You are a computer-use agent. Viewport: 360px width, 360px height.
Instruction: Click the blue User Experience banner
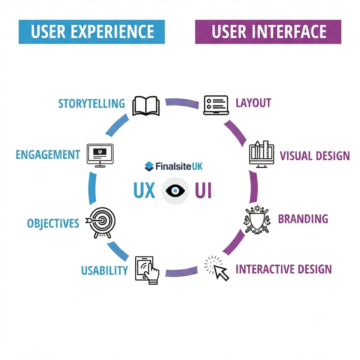(91, 31)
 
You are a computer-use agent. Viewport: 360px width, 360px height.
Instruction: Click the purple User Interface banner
(268, 31)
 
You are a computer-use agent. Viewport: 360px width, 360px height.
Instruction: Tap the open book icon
(146, 106)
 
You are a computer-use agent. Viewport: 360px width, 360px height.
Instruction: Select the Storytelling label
(91, 103)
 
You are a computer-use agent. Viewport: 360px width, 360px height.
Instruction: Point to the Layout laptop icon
(216, 105)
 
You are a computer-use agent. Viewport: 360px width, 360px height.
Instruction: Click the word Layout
(253, 103)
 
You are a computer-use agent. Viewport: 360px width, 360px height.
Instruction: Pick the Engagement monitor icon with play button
(100, 155)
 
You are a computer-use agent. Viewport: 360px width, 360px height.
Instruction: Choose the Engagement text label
(48, 154)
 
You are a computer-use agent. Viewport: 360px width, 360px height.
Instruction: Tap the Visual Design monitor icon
(262, 154)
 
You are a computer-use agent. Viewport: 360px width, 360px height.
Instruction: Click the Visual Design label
(315, 156)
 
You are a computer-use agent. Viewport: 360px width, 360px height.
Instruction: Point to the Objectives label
(53, 223)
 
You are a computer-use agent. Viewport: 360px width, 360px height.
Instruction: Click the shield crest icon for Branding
(257, 219)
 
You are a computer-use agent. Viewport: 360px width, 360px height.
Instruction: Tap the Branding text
(303, 219)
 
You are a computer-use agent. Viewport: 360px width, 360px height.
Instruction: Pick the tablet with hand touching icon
(147, 270)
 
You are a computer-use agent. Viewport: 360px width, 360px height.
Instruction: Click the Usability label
(105, 270)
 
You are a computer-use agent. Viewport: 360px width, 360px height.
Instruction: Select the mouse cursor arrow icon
(217, 268)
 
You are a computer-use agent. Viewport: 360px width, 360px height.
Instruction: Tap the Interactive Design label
(284, 269)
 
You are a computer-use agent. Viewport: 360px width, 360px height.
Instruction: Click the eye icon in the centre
(175, 191)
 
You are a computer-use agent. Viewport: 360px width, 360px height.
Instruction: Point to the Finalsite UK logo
(174, 166)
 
